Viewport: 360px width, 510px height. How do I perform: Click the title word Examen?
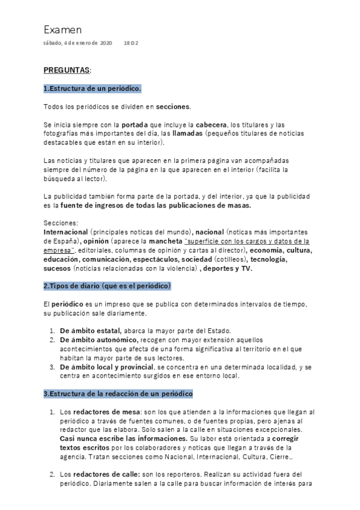(63, 29)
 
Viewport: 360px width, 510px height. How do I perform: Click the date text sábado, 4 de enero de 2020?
(78, 43)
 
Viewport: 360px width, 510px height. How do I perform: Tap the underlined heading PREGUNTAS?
(67, 70)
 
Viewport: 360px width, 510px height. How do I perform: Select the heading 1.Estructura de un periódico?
(93, 88)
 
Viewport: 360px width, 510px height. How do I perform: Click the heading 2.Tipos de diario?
(108, 284)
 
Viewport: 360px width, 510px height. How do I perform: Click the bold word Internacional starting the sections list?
(66, 232)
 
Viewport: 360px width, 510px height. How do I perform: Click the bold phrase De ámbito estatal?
(90, 331)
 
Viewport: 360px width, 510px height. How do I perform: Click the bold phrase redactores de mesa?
(106, 412)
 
